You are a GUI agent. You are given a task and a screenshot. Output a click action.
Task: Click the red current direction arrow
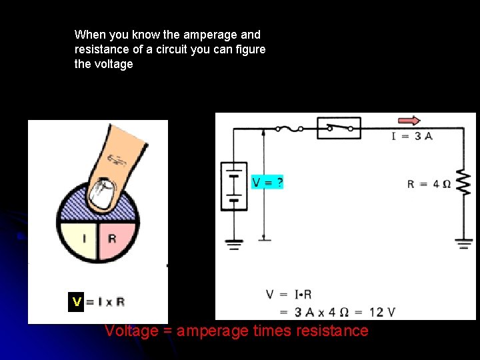pyautogui.click(x=409, y=121)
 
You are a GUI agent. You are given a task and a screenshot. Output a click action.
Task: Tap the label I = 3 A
pyautogui.click(x=412, y=136)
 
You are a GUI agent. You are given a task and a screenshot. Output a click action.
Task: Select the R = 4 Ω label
pyautogui.click(x=429, y=184)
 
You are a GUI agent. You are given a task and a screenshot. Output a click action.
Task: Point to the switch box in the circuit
pyautogui.click(x=339, y=127)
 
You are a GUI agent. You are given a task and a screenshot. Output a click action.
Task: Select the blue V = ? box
pyautogui.click(x=267, y=182)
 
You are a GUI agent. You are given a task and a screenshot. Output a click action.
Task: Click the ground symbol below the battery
pyautogui.click(x=234, y=244)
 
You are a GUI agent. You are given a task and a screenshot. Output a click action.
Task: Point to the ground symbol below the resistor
pyautogui.click(x=464, y=244)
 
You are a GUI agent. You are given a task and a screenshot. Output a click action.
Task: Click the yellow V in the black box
pyautogui.click(x=77, y=302)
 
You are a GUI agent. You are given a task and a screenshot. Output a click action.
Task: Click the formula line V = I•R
pyautogui.click(x=289, y=294)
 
